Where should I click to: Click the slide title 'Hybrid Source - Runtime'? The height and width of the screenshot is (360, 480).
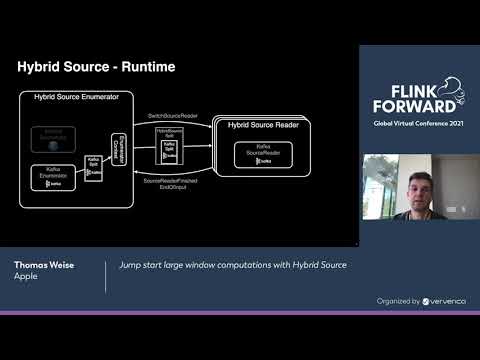(97, 67)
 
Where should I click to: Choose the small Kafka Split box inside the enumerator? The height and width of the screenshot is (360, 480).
(93, 168)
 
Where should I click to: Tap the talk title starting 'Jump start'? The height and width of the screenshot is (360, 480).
(233, 266)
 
